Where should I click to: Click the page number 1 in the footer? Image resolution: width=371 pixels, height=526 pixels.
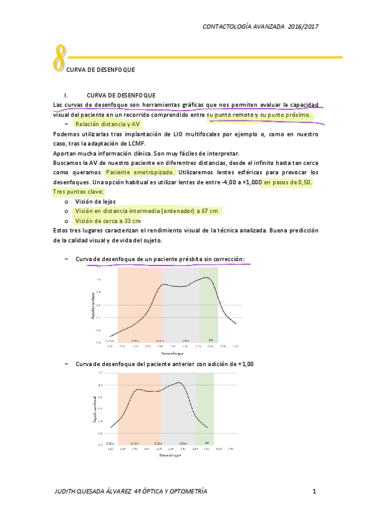pyautogui.click(x=315, y=492)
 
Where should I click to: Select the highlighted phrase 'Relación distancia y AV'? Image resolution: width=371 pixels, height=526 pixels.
pyautogui.click(x=107, y=125)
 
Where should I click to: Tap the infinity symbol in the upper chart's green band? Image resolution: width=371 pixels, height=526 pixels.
pyautogui.click(x=211, y=340)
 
